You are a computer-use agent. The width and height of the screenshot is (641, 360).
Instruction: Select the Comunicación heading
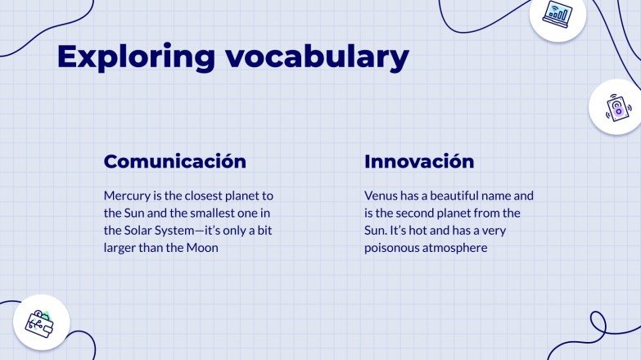174,161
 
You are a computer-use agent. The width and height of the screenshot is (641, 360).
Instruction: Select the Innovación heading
418,161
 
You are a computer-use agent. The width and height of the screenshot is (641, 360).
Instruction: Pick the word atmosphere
458,247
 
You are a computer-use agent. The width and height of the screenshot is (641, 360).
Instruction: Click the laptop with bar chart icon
558,14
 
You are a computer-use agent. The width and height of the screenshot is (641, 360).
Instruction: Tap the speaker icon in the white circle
616,107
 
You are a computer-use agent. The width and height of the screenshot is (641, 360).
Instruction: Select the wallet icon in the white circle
42,321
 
